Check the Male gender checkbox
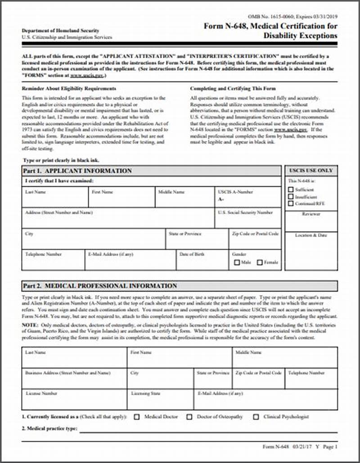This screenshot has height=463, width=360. tap(237, 262)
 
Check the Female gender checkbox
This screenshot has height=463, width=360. tap(260, 262)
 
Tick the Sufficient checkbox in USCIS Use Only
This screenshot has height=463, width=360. tap(291, 189)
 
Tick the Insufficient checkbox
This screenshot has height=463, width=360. tap(291, 197)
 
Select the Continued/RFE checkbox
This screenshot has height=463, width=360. tap(291, 203)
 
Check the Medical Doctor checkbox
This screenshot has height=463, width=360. tap(137, 417)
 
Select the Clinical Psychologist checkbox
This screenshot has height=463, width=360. tap(256, 417)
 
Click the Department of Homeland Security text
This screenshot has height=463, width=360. tap(60, 31)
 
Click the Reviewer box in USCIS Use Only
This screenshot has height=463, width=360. tap(311, 222)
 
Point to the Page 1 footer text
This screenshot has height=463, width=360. tap(329, 447)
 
